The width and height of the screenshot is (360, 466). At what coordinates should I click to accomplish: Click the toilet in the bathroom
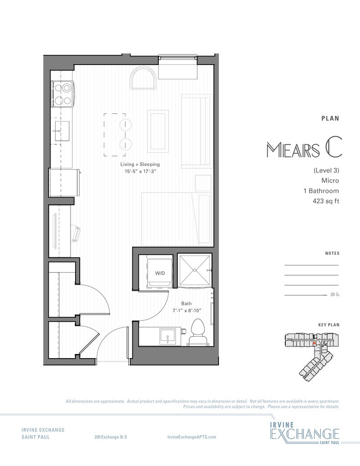[198, 332]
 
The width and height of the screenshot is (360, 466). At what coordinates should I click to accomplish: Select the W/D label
[160, 273]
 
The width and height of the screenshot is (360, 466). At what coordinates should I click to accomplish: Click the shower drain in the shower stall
[195, 270]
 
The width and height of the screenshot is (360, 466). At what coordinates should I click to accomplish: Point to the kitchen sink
[62, 131]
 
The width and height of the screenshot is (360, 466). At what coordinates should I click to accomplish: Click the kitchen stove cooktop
[63, 94]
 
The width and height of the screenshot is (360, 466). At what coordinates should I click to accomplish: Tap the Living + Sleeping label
[140, 164]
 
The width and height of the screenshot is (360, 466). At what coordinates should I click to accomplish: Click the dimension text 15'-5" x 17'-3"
[140, 172]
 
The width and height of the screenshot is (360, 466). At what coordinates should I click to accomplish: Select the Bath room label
[187, 304]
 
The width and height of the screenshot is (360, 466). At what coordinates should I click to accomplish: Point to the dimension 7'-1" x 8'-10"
[187, 310]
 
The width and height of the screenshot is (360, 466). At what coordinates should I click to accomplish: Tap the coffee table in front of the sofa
[158, 131]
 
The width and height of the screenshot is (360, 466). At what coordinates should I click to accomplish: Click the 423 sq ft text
[326, 201]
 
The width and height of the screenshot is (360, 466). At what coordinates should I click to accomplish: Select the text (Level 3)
[326, 170]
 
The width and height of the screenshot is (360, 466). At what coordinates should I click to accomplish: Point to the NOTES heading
[332, 253]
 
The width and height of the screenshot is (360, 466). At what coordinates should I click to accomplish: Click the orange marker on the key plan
[314, 343]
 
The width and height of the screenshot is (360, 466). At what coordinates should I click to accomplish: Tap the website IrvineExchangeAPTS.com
[192, 437]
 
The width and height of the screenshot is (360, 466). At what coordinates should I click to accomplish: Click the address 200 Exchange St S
[111, 437]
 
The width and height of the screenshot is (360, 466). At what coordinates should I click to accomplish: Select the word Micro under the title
[330, 180]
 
